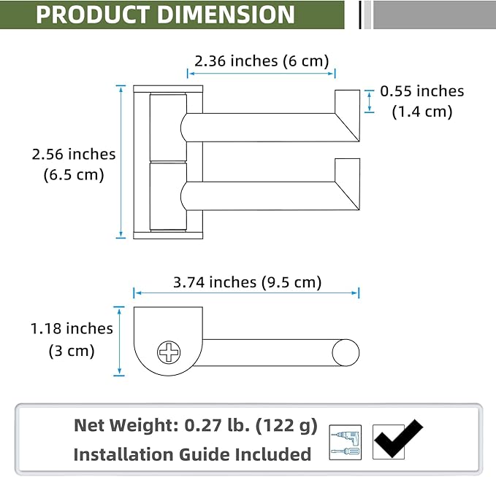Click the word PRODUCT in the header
coord(93,15)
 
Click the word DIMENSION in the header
coord(226,15)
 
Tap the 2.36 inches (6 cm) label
coord(262,61)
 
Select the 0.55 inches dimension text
coord(422,91)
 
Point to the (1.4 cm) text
coord(422,112)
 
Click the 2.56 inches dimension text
coord(74,154)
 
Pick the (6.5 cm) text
coord(74,175)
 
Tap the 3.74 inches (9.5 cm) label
coord(248,282)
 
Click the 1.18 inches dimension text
coord(72,328)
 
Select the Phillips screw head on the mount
coord(169,352)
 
